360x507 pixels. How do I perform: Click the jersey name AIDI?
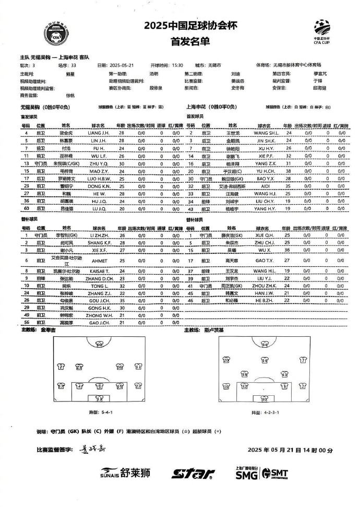[x=266, y=186]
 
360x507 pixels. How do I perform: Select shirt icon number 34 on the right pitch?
[x=265, y=345]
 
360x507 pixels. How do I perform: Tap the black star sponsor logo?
[x=193, y=474]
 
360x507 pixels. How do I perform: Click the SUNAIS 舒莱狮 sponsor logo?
[x=125, y=473]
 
